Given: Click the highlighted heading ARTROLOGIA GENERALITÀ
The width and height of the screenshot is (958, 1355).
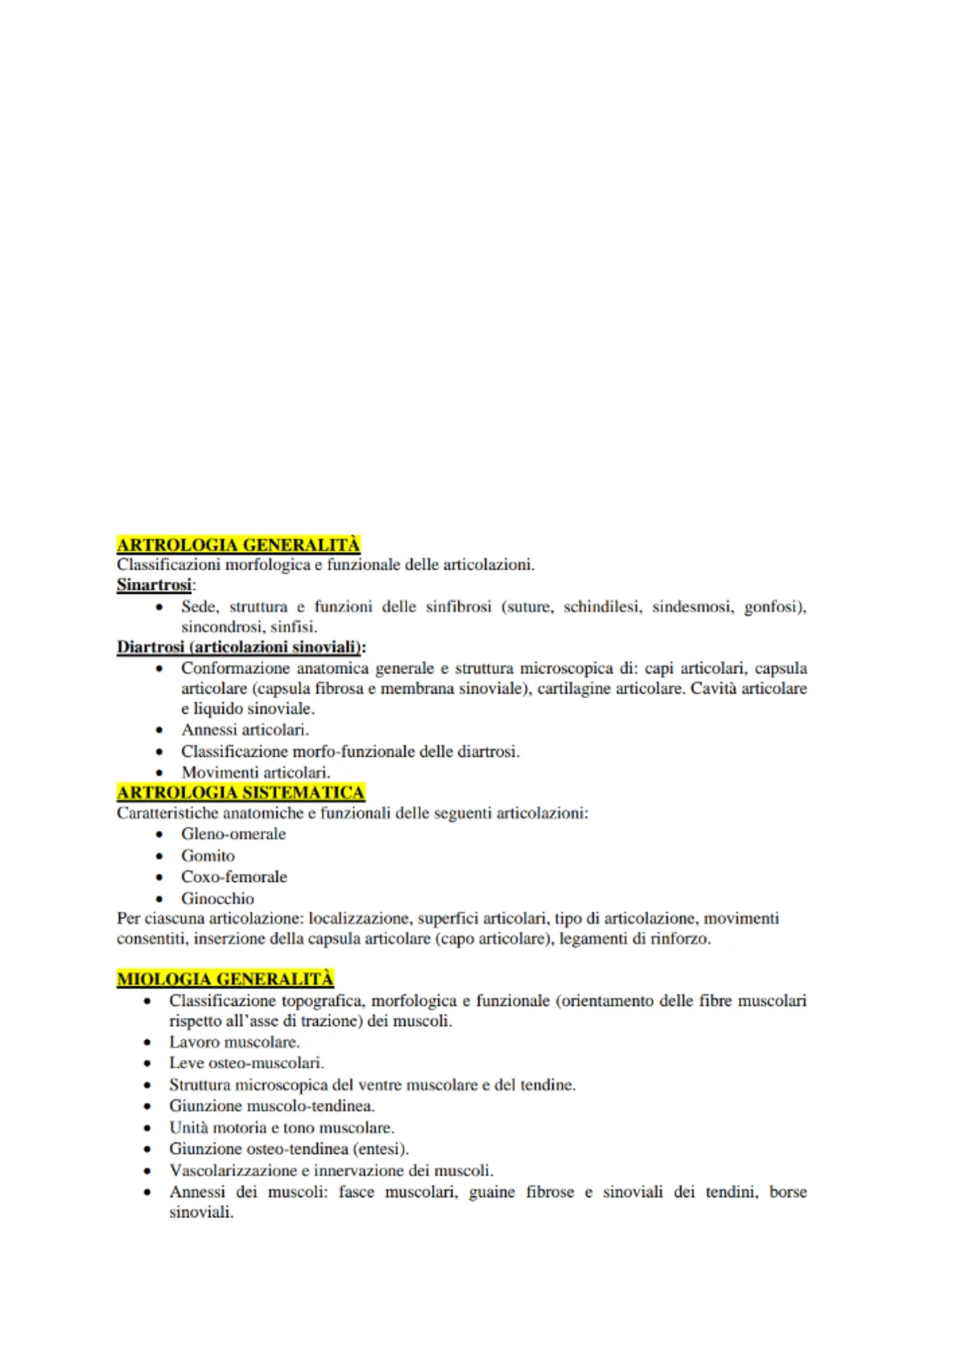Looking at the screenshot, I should point(238,545).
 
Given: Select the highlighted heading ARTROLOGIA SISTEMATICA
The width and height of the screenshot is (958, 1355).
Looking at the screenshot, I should point(241,793).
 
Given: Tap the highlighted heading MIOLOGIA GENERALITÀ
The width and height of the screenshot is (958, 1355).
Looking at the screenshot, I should point(224,979).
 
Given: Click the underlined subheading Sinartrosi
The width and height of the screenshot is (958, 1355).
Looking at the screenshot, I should point(154,585).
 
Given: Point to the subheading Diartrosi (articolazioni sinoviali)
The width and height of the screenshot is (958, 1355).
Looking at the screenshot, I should point(241,647).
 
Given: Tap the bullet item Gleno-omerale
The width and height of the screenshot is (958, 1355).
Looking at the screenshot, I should point(233,834).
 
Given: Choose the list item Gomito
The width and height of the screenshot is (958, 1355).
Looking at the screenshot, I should point(208,856).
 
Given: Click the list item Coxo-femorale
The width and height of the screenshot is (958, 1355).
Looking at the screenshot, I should point(233,877).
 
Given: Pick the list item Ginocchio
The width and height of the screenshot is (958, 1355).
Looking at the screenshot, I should point(217,899).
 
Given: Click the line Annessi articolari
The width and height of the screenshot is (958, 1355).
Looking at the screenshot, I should point(245,731).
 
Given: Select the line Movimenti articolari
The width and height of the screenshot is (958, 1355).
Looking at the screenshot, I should point(255,772).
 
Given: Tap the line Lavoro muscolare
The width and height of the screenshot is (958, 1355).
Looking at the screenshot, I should point(234,1043).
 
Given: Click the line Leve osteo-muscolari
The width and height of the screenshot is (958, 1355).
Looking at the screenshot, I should point(246,1063).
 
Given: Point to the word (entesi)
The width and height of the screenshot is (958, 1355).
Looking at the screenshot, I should point(380,1149).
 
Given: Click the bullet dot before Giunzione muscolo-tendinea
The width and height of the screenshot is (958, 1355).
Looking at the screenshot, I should point(147,1107).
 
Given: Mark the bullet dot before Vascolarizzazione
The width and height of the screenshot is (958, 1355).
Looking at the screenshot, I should point(147,1172).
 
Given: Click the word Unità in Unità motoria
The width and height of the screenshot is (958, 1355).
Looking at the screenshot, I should point(187,1128).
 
